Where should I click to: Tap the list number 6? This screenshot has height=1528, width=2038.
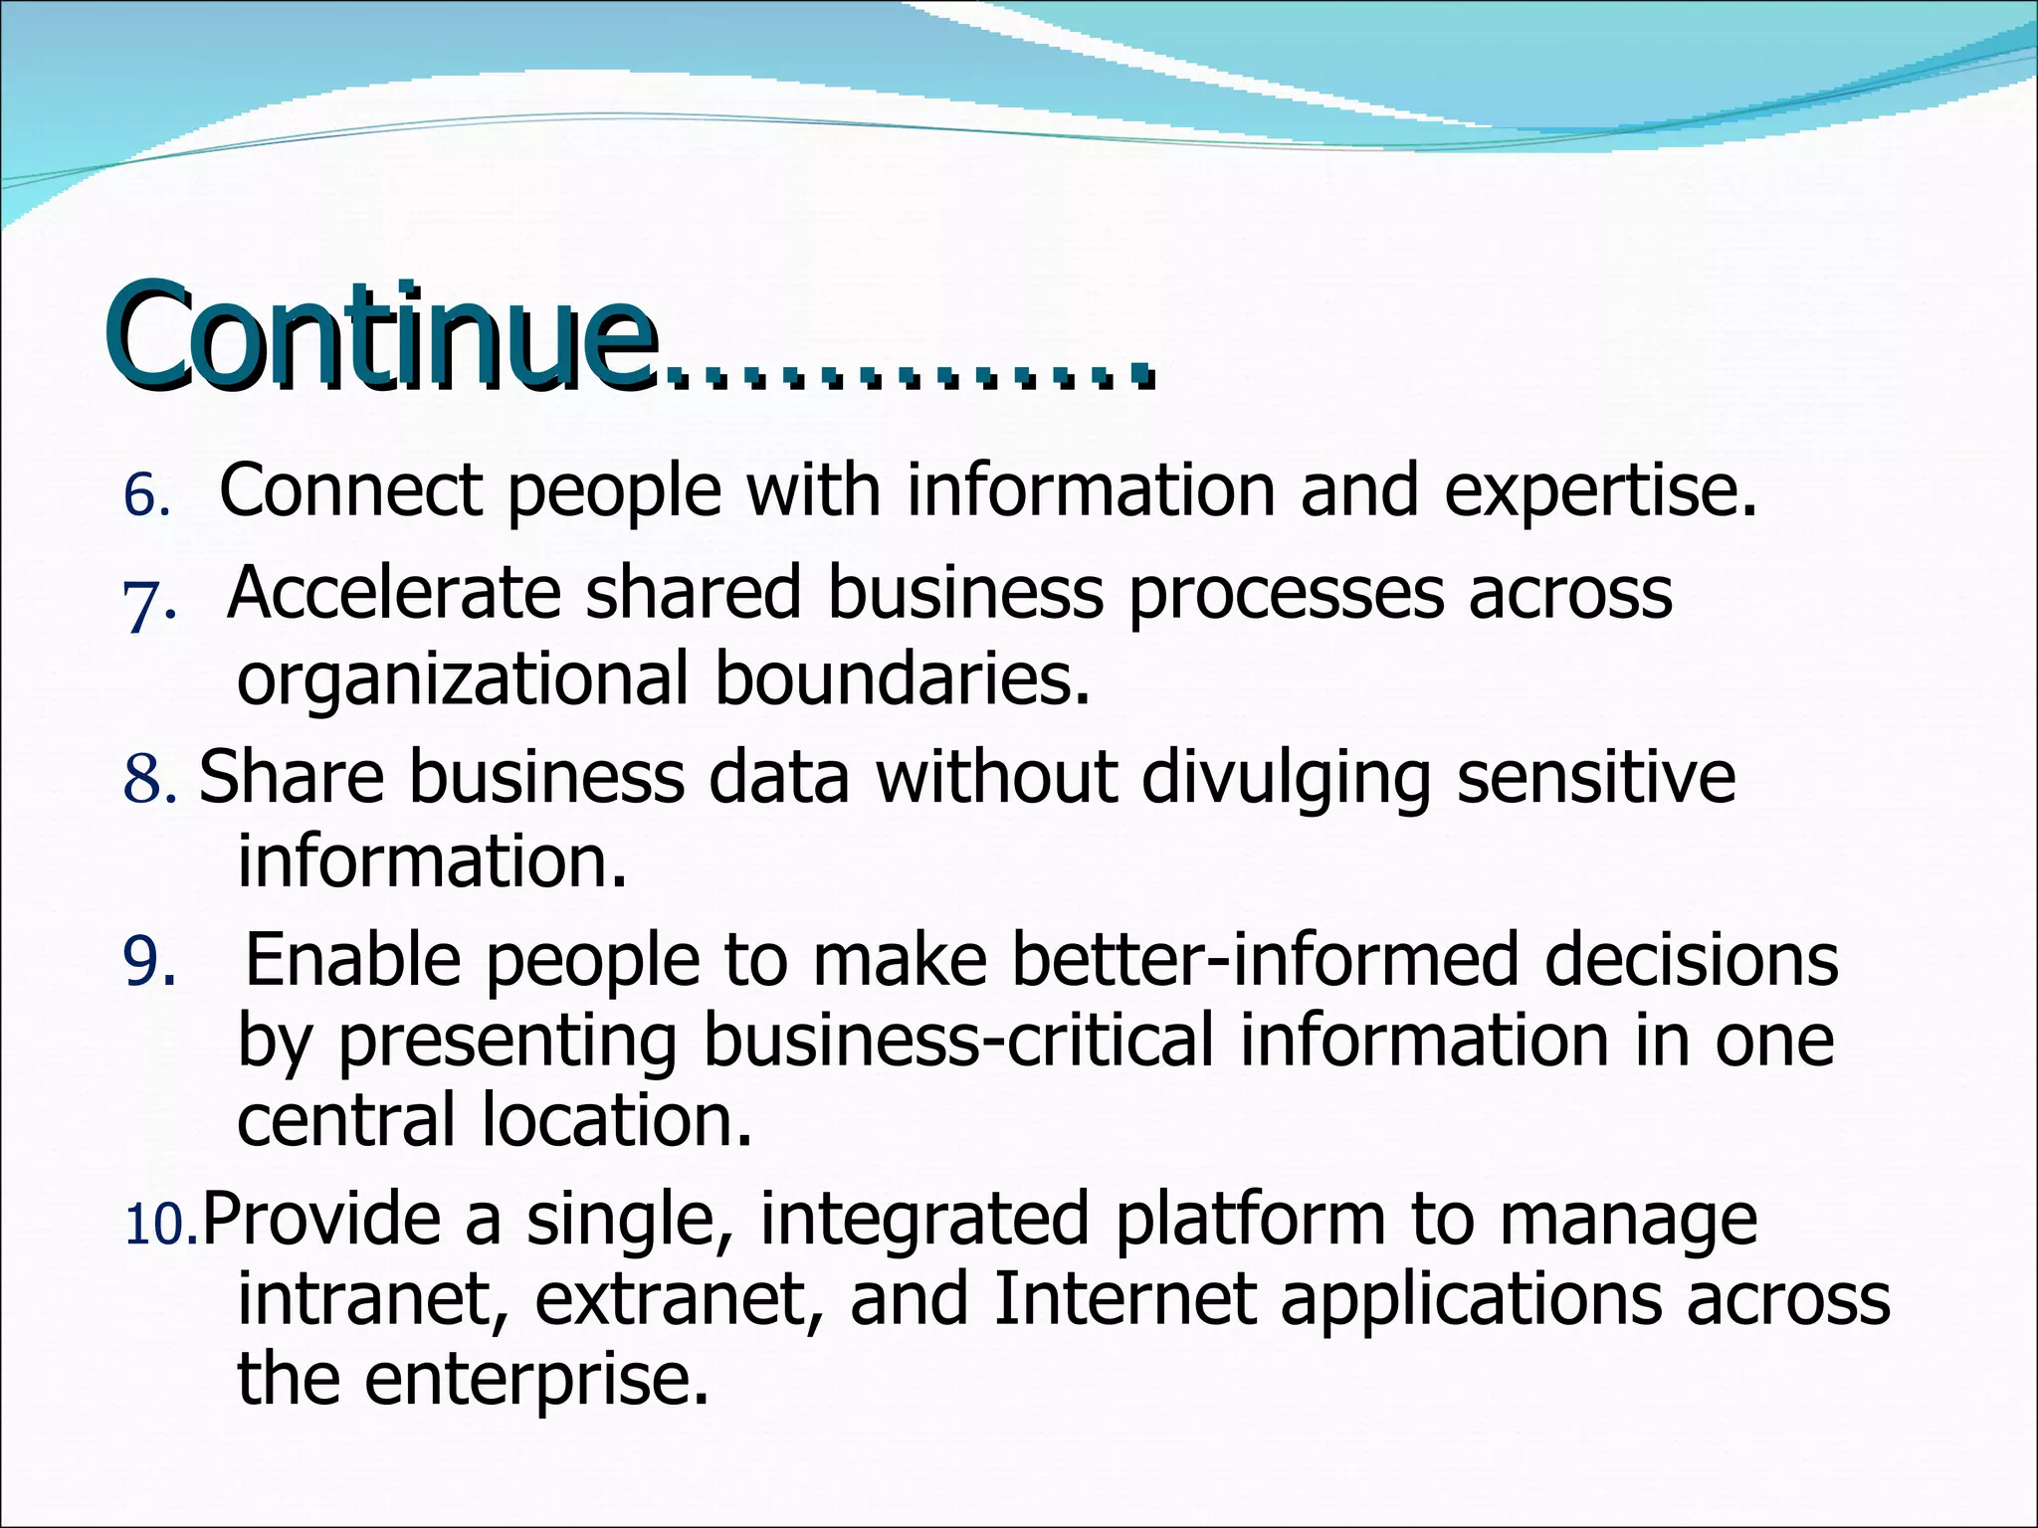145,495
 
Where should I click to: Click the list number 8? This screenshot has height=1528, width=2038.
149,780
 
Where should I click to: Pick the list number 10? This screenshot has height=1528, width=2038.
159,1224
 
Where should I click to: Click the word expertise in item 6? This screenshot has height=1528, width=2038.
1599,491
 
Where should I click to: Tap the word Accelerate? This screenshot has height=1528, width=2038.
394,594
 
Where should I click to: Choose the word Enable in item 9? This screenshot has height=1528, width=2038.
352,960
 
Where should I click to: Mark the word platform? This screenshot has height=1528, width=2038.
1250,1222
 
